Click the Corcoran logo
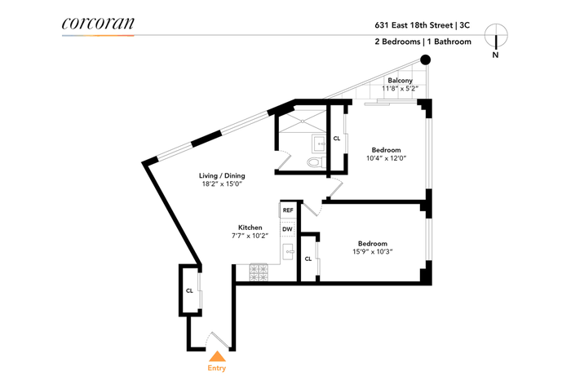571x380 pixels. coord(98,24)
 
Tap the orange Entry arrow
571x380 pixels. coord(217,356)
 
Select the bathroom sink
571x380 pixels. coord(320,144)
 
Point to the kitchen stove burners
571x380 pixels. coord(259,273)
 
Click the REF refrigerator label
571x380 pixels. coord(288,210)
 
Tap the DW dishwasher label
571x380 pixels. coord(287,229)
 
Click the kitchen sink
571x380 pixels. coord(289,251)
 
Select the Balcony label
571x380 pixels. coord(400,81)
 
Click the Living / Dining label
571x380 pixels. coord(222,175)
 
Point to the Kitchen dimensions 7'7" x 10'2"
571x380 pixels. coord(250,236)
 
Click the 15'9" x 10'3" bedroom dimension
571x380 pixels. coord(373,251)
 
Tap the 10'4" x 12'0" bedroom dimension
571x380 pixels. coord(386,158)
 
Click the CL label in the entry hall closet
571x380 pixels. coord(189,291)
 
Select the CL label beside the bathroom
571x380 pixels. coord(337,139)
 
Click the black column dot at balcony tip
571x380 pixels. coord(425,60)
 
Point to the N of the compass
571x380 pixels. coord(495,55)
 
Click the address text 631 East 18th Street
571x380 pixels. coord(414,25)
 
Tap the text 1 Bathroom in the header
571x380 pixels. coord(449,42)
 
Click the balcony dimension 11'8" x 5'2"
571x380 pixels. coord(400,88)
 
